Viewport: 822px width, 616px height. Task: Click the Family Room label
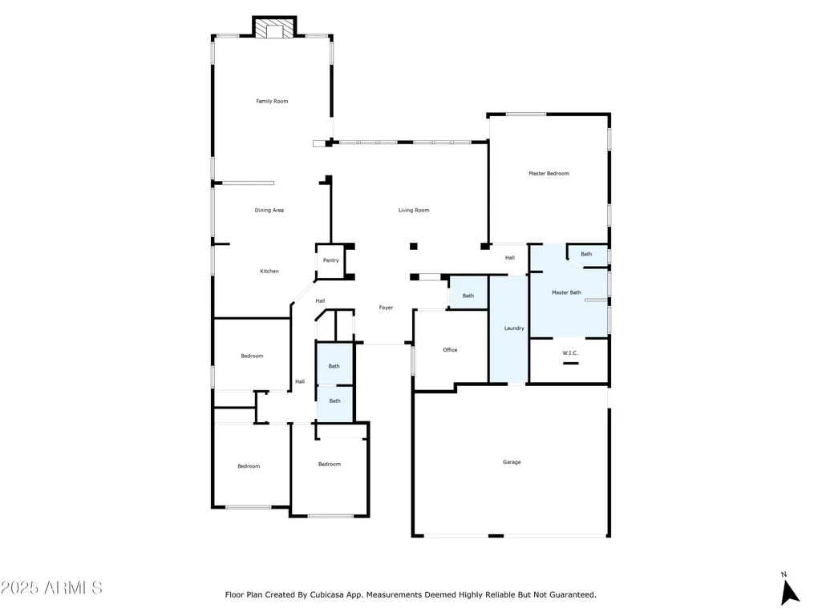[272, 101]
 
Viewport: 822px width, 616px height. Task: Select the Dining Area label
[269, 210]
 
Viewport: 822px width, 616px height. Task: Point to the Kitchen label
[269, 271]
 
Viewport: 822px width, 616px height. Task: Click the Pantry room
[330, 261]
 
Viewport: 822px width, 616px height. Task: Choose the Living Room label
[414, 210]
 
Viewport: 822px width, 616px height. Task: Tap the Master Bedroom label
[549, 173]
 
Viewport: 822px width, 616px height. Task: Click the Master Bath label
[566, 292]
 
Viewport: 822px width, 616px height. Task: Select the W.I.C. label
[570, 353]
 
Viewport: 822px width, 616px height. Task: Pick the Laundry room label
[514, 328]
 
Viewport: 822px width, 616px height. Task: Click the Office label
[450, 350]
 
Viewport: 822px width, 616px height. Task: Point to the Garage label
[512, 462]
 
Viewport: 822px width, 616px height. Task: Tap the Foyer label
[386, 308]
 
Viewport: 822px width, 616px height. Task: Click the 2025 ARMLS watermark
[51, 588]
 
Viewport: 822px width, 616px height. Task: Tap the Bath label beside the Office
[468, 296]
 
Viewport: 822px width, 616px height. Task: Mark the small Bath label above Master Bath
[586, 254]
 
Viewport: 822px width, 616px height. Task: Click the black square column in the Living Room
[414, 246]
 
